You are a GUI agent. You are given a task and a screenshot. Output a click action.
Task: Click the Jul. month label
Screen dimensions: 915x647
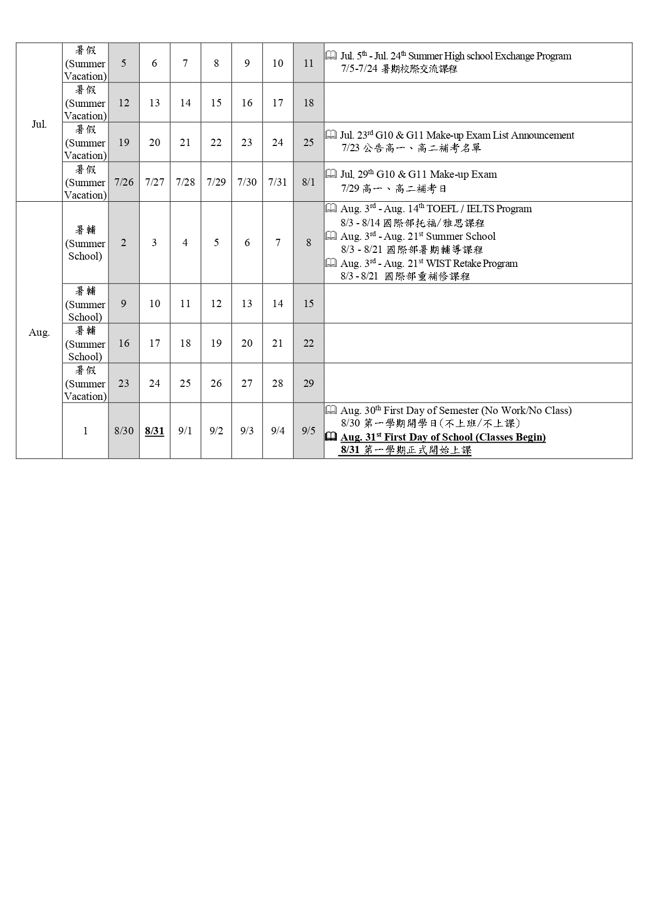tap(39, 124)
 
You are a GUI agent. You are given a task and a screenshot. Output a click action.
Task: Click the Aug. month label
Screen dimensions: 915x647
tap(39, 332)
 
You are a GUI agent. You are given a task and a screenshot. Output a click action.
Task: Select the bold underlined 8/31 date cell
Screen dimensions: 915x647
tap(154, 431)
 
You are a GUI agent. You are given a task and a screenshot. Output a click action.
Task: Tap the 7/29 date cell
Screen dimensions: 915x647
tap(216, 182)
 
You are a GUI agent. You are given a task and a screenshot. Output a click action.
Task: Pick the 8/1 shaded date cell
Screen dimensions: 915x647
tap(309, 182)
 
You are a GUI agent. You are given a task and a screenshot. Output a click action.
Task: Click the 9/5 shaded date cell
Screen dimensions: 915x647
tap(309, 431)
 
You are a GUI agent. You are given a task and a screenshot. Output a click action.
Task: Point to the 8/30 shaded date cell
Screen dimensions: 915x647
tap(124, 431)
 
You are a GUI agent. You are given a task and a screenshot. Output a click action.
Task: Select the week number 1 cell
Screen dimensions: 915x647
tap(85, 431)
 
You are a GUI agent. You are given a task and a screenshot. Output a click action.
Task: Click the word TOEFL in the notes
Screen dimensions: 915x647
tap(442, 209)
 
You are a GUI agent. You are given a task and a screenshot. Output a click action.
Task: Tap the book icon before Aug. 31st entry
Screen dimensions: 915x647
tap(331, 437)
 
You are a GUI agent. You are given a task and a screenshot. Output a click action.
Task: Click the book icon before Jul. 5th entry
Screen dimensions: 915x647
tap(331, 55)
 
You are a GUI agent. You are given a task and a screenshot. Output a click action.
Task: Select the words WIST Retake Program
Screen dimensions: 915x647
tap(472, 264)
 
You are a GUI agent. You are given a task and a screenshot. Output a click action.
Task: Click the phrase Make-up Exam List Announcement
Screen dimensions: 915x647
tap(500, 136)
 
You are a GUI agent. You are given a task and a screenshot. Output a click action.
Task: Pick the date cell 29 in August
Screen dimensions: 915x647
tap(309, 383)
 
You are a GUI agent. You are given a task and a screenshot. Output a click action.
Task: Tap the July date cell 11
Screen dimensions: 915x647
tap(309, 63)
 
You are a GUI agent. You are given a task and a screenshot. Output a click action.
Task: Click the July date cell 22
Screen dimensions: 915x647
tap(216, 142)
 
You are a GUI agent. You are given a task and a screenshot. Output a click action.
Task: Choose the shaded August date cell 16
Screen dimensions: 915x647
tap(124, 343)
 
